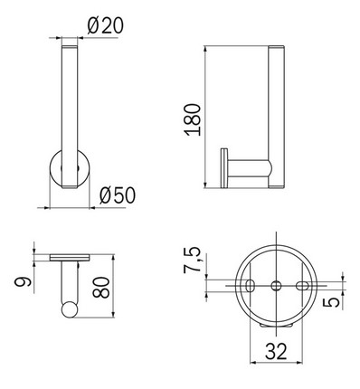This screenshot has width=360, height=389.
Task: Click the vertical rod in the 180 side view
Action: click(x=276, y=109)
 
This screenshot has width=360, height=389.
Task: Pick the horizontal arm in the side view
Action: click(x=249, y=166)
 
